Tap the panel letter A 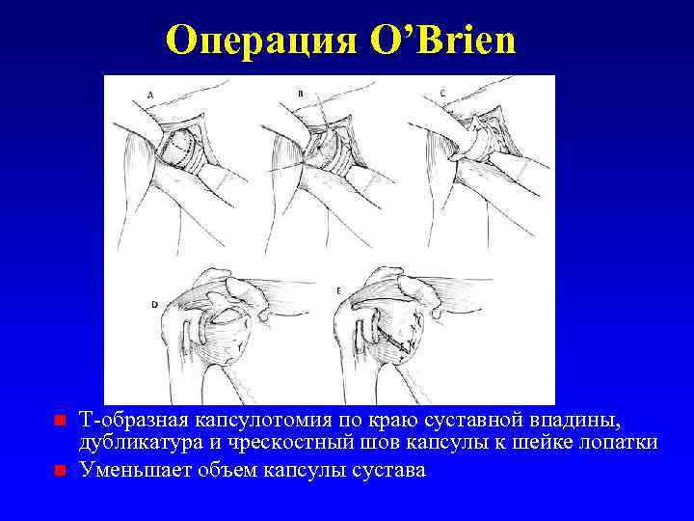click(x=149, y=93)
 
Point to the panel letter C click(x=441, y=93)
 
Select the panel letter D click(x=155, y=304)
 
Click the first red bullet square click(x=59, y=421)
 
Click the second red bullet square click(x=59, y=471)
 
